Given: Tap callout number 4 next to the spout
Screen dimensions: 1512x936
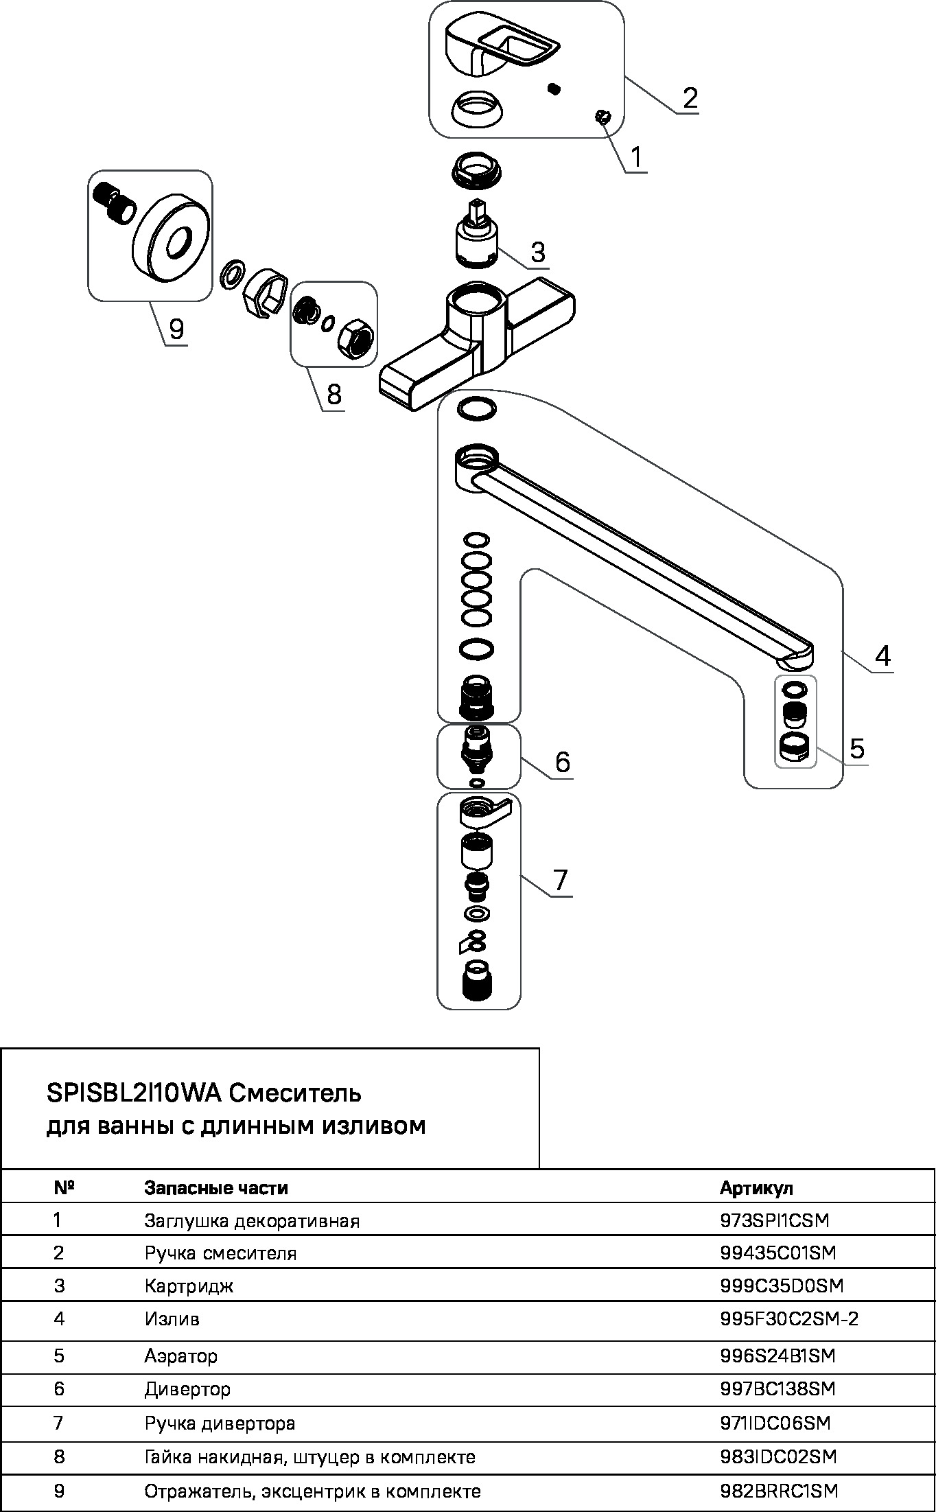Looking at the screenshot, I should (882, 656).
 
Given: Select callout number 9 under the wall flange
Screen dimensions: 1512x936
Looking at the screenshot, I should (176, 329).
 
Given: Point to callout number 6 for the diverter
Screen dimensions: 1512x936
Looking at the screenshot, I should (562, 762).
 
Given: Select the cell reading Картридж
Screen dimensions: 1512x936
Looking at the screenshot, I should (189, 1286).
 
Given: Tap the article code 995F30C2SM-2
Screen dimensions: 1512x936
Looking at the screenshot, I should (789, 1318).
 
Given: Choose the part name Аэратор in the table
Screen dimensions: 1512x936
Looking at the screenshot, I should (180, 1356).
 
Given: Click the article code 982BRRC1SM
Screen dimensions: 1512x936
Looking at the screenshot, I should (779, 1491).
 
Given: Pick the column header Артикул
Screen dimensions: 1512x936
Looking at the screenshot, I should (756, 1188).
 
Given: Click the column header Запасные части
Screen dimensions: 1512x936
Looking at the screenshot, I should (216, 1188).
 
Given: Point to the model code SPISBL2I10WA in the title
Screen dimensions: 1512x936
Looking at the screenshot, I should (134, 1092).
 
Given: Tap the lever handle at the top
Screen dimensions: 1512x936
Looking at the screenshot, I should (501, 45).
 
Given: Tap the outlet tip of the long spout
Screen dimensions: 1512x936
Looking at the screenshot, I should (796, 659).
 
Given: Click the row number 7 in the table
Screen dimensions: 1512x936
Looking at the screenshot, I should (58, 1423).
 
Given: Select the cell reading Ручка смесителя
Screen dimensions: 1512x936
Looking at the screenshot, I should (220, 1253).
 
